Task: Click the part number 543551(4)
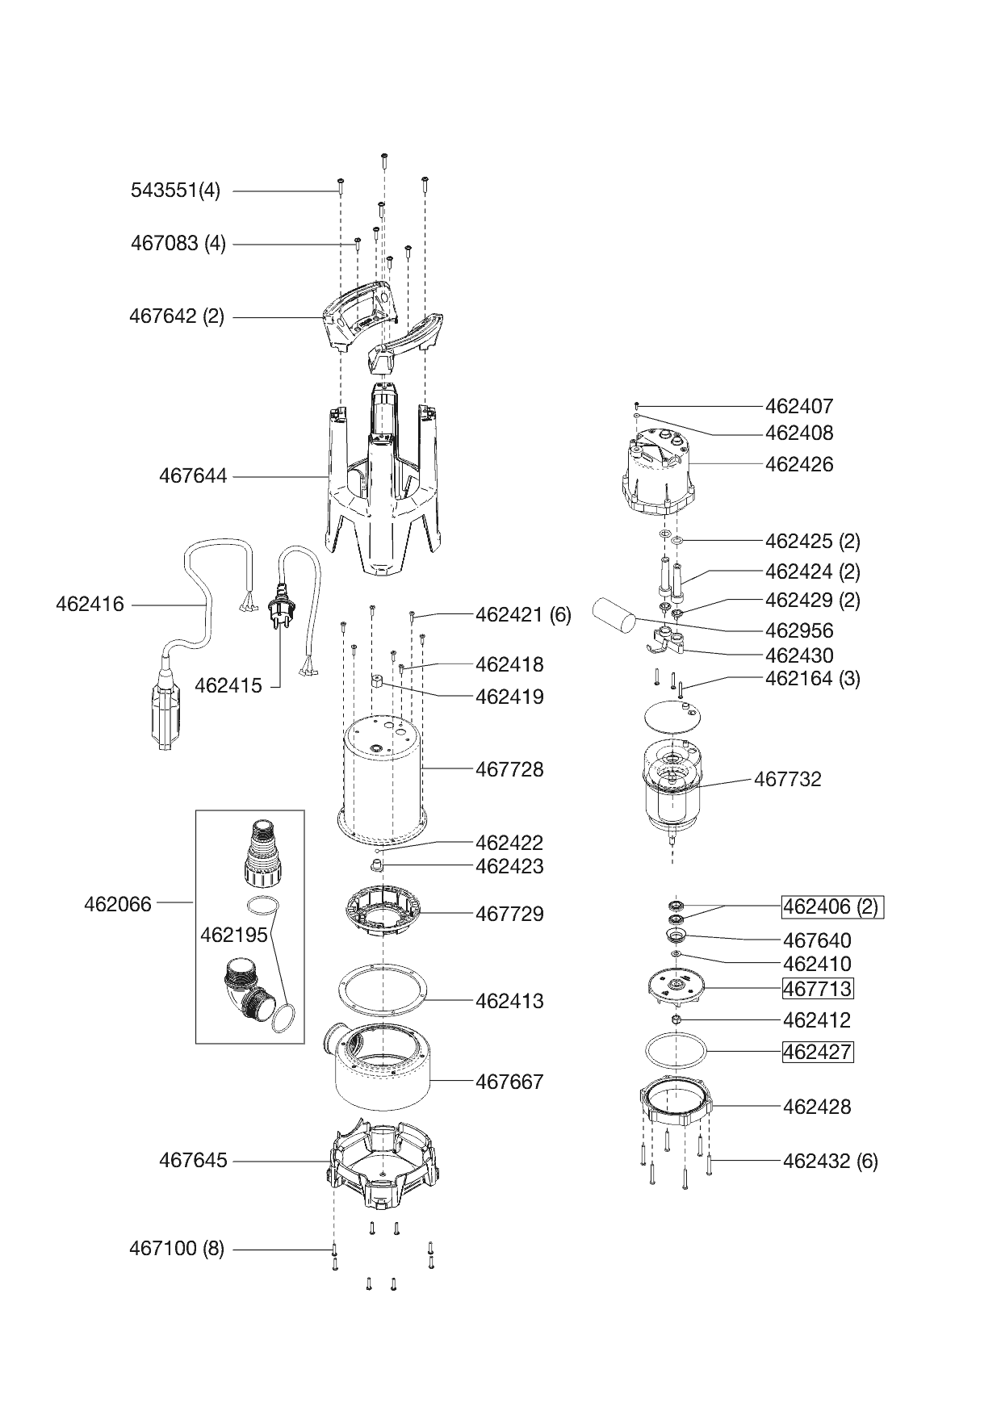pyautogui.click(x=175, y=191)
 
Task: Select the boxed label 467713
pyautogui.click(x=817, y=989)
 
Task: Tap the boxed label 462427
pyautogui.click(x=817, y=1053)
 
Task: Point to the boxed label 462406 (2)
pyautogui.click(x=831, y=907)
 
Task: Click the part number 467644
pyautogui.click(x=193, y=476)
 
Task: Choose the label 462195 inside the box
pyautogui.click(x=233, y=935)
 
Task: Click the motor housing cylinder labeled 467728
pyautogui.click(x=383, y=775)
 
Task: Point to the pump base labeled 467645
pyautogui.click(x=386, y=1162)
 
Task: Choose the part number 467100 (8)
pyautogui.click(x=177, y=1249)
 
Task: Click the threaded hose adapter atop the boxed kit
pyautogui.click(x=260, y=852)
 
